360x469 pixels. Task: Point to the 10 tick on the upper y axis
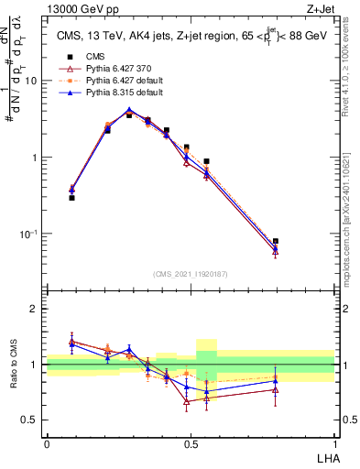pyautogui.click(x=33, y=81)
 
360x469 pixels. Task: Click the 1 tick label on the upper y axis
pyautogui.click(x=36, y=158)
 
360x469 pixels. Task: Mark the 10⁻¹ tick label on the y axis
pyautogui.click(x=30, y=234)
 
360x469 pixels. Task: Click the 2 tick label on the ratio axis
pyautogui.click(x=36, y=310)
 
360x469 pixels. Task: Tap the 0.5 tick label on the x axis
pyautogui.click(x=190, y=444)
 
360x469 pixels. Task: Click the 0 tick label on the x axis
pyautogui.click(x=47, y=444)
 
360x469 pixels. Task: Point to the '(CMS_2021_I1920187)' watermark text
pyautogui.click(x=191, y=274)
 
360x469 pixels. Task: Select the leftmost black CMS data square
pyautogui.click(x=71, y=198)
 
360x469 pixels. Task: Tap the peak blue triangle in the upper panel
pyautogui.click(x=129, y=110)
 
